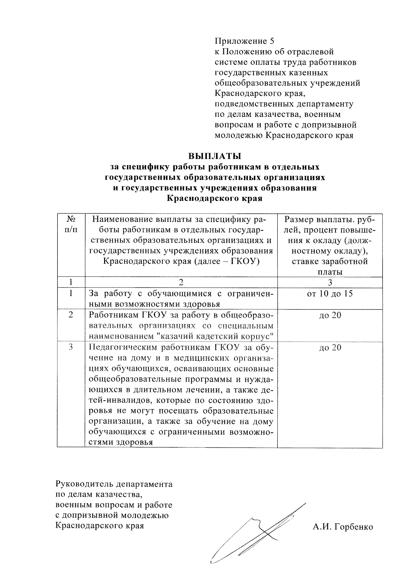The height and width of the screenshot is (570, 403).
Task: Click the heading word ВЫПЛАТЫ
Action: [215, 157]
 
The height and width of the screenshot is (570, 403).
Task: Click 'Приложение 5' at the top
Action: [244, 41]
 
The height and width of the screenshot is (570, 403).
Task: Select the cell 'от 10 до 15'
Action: [330, 294]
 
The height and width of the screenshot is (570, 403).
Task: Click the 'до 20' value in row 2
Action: [330, 315]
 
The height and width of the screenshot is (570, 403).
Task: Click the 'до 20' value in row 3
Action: [330, 348]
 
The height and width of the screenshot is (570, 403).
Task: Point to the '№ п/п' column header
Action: [71, 225]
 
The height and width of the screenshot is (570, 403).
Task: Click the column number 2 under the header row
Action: [181, 282]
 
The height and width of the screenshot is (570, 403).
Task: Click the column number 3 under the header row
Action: [330, 282]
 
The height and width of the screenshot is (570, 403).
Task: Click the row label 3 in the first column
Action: [71, 348]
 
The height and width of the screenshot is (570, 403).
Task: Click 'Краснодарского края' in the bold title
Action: [215, 199]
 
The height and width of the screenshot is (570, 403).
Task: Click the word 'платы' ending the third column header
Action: [330, 272]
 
